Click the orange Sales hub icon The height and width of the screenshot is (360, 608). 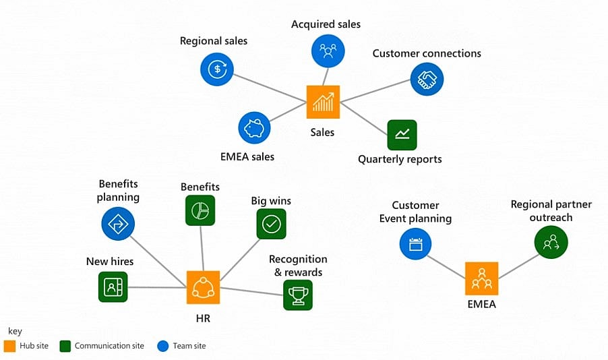323,102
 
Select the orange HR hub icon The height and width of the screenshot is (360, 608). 203,287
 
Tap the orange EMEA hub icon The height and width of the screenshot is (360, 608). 481,278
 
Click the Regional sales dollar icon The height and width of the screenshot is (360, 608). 216,69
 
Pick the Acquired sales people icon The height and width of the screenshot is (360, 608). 328,51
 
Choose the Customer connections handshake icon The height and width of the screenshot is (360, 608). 427,80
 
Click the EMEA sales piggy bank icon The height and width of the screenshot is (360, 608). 254,128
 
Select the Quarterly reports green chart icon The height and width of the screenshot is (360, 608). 402,135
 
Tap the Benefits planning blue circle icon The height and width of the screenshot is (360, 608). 118,223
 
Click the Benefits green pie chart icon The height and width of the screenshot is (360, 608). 200,210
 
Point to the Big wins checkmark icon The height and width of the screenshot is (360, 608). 271,224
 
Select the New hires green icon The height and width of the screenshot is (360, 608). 113,287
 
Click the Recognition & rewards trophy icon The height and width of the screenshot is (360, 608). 298,295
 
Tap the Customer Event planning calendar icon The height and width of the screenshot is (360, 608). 415,243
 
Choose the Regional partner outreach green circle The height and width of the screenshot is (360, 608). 551,242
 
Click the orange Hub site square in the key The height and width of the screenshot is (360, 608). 9,346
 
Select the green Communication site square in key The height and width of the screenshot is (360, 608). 65,346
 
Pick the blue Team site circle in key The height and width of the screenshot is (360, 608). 162,346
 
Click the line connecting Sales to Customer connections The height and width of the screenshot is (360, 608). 375,92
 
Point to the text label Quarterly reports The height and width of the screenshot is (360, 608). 400,159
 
